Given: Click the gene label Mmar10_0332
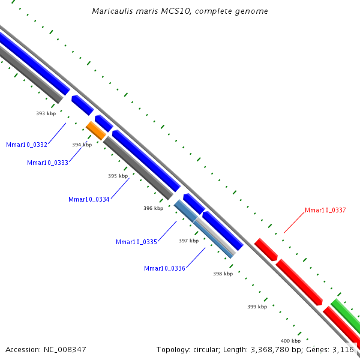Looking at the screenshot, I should [26, 145].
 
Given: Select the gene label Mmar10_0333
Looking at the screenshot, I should [47, 163].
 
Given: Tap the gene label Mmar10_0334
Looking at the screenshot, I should [89, 199].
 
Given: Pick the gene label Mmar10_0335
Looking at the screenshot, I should [136, 242].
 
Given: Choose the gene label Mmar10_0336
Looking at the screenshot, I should [164, 268].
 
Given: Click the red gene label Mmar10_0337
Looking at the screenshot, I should [325, 210].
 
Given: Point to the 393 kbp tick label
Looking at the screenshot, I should [46, 113].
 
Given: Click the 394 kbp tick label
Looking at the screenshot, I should [82, 145].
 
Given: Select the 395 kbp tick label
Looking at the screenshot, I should [118, 176].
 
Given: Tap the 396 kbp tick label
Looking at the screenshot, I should [154, 209].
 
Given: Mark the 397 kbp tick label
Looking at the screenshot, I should [188, 241].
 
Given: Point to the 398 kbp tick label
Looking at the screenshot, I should [223, 274].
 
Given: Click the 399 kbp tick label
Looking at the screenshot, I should [257, 307].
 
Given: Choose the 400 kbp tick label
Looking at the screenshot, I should [291, 340].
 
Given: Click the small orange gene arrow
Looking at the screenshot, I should [96, 130].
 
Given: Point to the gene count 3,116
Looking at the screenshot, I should [344, 349].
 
